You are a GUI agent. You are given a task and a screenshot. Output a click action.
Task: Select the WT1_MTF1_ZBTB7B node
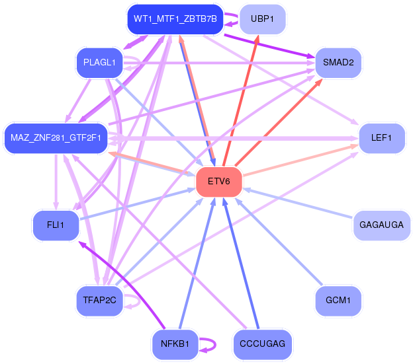coord(175,18)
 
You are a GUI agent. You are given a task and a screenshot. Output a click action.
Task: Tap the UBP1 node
coord(263,18)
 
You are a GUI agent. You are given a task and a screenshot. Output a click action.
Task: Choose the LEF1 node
coord(381,138)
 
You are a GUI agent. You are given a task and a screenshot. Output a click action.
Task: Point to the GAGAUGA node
coord(381,225)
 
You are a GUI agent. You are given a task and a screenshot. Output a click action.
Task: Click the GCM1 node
coord(338,300)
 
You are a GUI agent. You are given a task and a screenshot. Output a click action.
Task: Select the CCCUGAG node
coord(263,344)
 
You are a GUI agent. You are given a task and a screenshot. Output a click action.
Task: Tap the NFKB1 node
coord(175,344)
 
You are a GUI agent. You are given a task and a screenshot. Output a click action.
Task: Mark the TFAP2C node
coord(100,300)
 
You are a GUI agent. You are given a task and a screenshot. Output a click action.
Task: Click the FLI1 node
coord(56,225)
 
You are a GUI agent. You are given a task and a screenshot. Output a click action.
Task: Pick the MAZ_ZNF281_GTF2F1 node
coord(56,138)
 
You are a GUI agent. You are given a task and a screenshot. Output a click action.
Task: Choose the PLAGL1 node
coord(100,63)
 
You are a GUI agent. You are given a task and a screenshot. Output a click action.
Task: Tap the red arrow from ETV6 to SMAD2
coord(278,119)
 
